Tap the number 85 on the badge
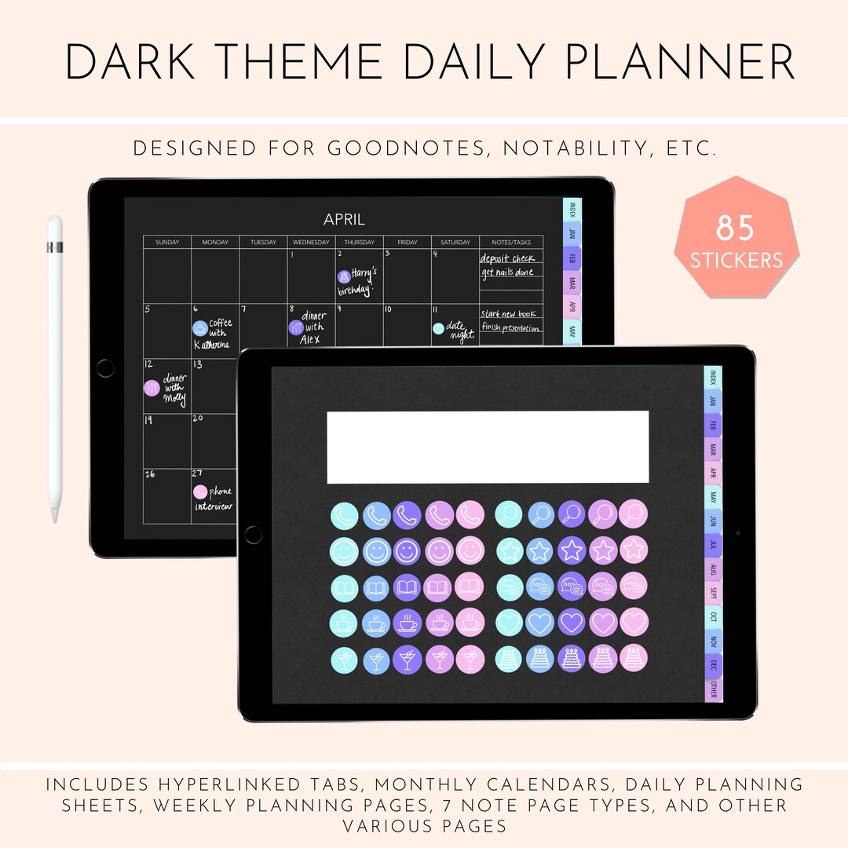pos(735,228)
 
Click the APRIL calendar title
pos(344,220)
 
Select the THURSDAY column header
pos(359,243)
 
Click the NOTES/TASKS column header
pos(511,243)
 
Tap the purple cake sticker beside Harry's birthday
pos(343,276)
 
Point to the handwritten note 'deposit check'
pos(507,258)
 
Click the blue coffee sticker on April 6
pos(199,329)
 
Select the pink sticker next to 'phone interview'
pos(200,492)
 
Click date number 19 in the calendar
pos(148,420)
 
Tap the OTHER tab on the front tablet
pos(713,689)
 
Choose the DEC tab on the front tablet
pos(713,665)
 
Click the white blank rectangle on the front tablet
pos(488,447)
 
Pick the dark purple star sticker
pos(572,550)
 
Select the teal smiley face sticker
pos(344,550)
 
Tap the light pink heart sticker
pos(634,622)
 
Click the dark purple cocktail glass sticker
pos(408,659)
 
